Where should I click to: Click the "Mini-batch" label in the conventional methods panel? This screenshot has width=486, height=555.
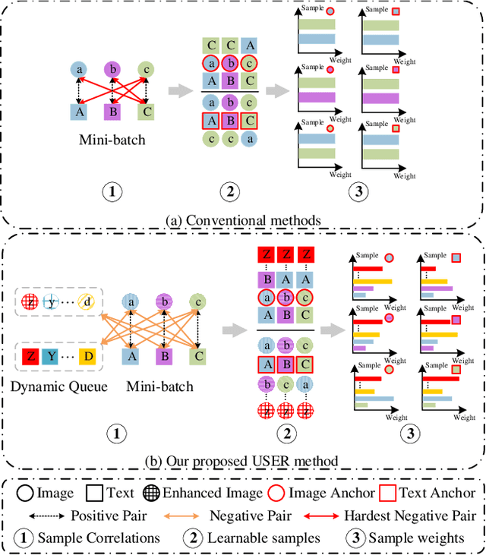tap(112, 140)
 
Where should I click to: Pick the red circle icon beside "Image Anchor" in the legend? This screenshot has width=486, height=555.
tap(276, 494)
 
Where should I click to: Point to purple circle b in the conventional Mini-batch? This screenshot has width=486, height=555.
tap(112, 70)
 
